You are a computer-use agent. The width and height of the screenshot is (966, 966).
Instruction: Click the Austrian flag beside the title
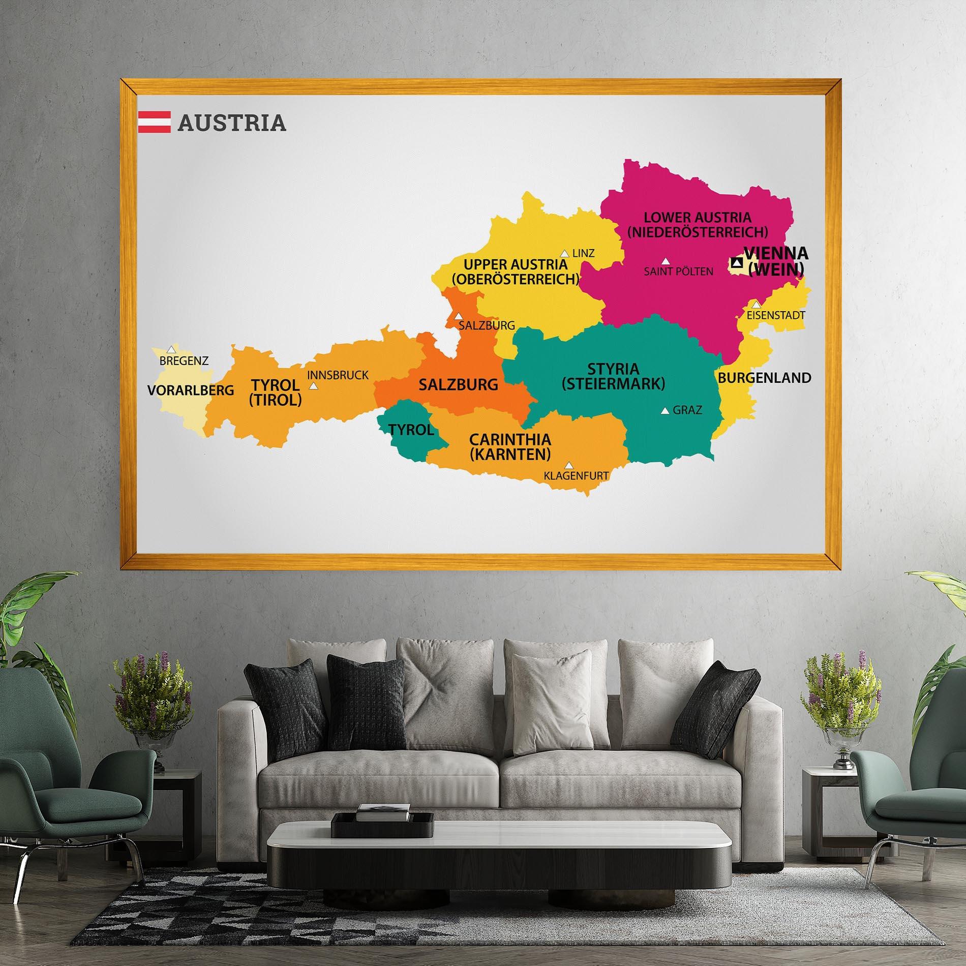(154, 122)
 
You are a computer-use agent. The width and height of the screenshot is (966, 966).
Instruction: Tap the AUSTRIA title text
(232, 123)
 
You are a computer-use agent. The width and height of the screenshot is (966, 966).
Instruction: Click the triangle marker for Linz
(564, 253)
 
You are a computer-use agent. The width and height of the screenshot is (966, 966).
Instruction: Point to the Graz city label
(687, 410)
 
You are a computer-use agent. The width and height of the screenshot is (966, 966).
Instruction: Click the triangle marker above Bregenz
(171, 349)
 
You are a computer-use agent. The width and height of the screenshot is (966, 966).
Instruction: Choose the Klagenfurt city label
(576, 476)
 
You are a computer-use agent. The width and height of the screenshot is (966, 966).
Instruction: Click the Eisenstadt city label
(776, 315)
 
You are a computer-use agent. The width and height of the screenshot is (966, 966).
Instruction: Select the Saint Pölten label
(678, 271)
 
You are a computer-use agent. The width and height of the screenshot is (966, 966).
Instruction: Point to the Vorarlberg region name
(191, 390)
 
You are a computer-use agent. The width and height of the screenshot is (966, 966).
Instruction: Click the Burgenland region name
(764, 378)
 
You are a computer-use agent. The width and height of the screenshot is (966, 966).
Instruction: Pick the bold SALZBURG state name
(458, 385)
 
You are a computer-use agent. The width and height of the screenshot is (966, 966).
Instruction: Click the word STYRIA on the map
(613, 369)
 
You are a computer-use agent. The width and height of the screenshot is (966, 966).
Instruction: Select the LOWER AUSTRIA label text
(697, 218)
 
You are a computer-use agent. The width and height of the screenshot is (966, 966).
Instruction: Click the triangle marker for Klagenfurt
(569, 465)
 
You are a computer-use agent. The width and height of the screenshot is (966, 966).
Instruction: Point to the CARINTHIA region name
(510, 439)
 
